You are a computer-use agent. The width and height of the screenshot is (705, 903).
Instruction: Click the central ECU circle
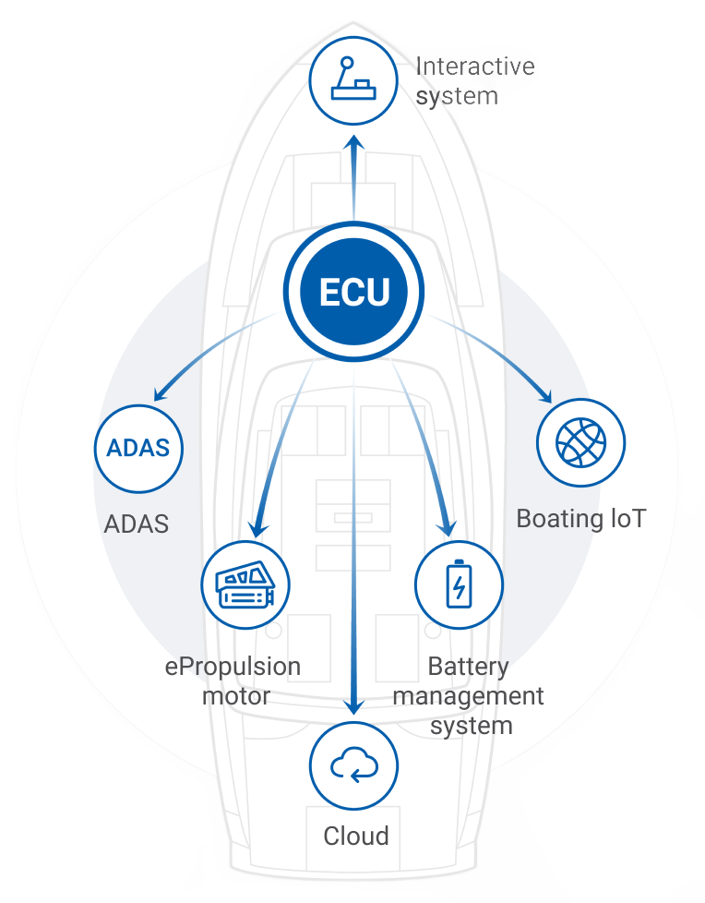pyautogui.click(x=354, y=292)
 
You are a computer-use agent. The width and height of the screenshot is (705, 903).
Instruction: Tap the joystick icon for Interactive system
pyautogui.click(x=353, y=80)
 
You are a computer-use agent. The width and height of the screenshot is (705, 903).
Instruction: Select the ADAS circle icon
pyautogui.click(x=138, y=449)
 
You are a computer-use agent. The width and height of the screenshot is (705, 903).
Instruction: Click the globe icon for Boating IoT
pyautogui.click(x=581, y=442)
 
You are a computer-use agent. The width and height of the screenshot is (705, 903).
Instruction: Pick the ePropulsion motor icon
pyautogui.click(x=245, y=585)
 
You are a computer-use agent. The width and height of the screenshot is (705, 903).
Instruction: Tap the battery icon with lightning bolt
pyautogui.click(x=459, y=585)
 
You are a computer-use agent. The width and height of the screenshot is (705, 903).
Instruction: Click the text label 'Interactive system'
pyautogui.click(x=474, y=81)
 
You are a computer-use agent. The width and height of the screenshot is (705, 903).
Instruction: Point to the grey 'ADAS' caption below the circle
pyautogui.click(x=137, y=524)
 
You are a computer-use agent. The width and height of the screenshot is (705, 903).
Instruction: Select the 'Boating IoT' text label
pyautogui.click(x=580, y=518)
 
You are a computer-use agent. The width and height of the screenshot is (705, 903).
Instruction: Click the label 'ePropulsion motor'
pyautogui.click(x=233, y=680)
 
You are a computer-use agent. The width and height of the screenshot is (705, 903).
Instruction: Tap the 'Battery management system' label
pyautogui.click(x=469, y=695)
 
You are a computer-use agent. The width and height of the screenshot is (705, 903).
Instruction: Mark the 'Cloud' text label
pyautogui.click(x=355, y=837)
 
